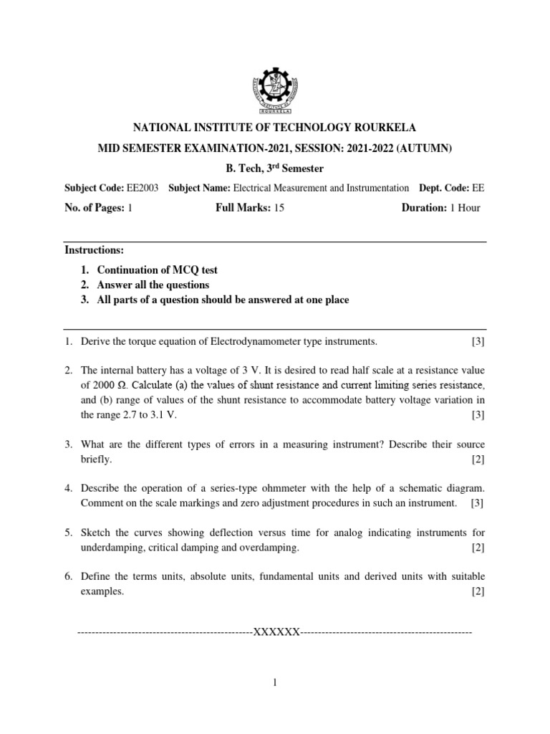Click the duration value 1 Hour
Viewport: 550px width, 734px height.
point(464,208)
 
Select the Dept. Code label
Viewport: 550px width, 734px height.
point(442,188)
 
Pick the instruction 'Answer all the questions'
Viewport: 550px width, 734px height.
point(153,285)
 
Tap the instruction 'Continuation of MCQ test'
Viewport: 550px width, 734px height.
point(157,270)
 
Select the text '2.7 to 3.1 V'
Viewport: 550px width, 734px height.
point(147,416)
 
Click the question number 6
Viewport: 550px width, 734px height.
point(68,576)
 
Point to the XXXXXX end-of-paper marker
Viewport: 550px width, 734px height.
point(275,633)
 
